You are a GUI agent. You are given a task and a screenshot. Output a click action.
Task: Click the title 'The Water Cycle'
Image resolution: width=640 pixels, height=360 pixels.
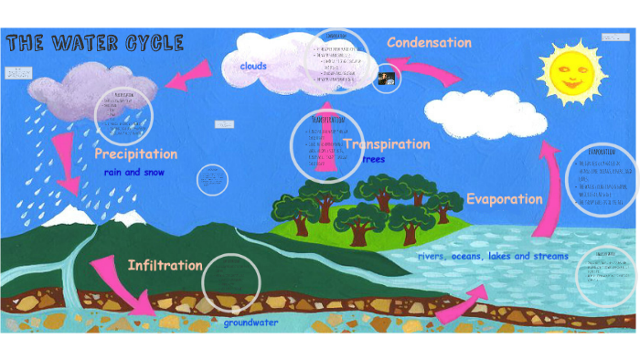(x=95, y=43)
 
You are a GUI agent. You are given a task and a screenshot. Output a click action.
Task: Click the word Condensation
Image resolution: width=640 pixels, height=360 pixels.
(x=429, y=42)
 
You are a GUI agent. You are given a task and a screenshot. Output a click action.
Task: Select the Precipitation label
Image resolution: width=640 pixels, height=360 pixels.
(x=135, y=154)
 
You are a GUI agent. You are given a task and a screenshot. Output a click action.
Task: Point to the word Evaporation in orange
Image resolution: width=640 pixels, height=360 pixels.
(x=504, y=198)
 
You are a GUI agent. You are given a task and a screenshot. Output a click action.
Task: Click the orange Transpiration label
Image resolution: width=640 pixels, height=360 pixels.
(x=387, y=144)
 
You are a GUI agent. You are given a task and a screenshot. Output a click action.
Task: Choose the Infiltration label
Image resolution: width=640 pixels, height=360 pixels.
(x=165, y=265)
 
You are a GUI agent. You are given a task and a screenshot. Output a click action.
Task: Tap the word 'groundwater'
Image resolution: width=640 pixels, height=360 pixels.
(x=251, y=322)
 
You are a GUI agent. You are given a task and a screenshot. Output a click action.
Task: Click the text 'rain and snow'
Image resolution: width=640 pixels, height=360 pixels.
(x=135, y=172)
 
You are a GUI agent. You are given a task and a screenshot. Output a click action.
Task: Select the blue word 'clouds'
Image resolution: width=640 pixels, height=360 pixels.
(x=253, y=66)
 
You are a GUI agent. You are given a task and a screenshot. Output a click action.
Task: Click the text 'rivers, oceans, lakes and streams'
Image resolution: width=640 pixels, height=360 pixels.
(x=493, y=256)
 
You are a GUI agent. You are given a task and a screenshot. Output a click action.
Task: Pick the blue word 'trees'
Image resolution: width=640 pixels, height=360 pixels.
(x=374, y=159)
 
